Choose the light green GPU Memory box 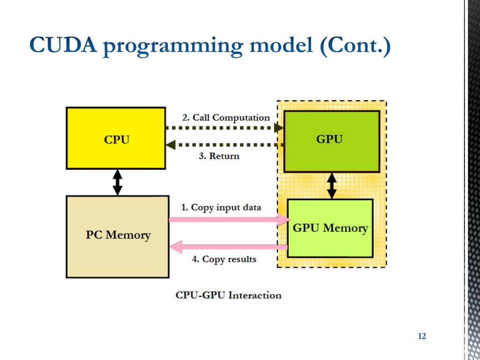[x=330, y=228]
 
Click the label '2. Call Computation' [x=226, y=117]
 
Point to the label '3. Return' [x=219, y=156]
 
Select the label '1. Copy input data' [x=221, y=207]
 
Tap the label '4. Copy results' [x=224, y=259]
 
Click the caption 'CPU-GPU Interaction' [x=228, y=295]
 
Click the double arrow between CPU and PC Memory [x=118, y=182]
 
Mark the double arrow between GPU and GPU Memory [x=332, y=185]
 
